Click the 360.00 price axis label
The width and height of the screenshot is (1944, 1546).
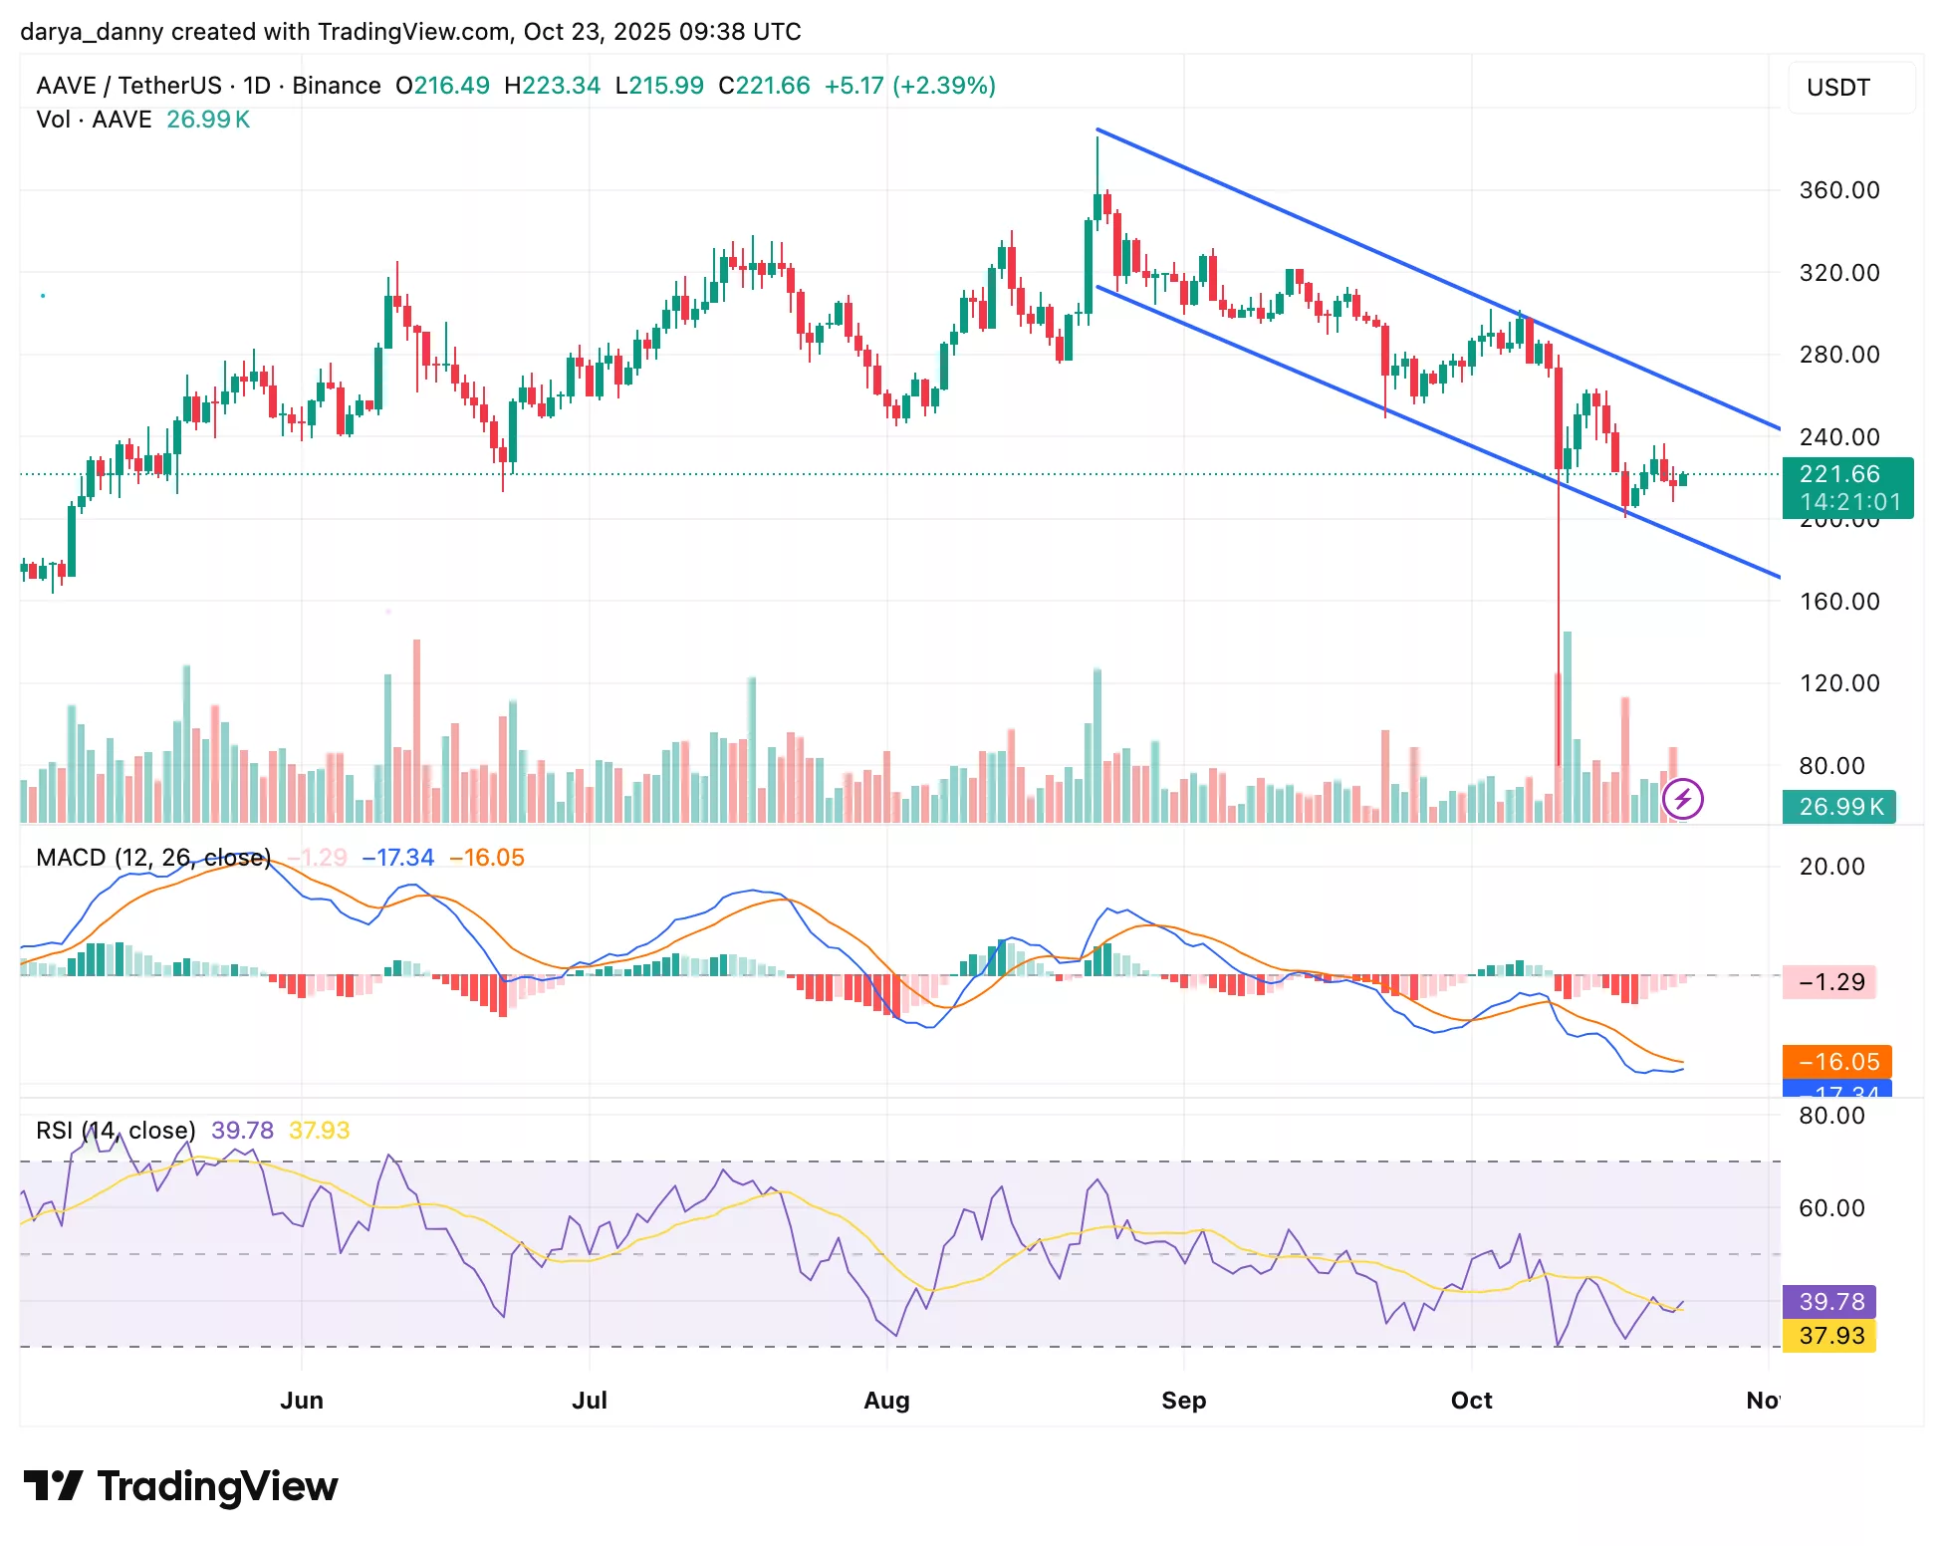tap(1838, 190)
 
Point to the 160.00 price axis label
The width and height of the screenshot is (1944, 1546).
tap(1838, 602)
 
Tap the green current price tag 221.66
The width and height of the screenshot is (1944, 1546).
tap(1846, 475)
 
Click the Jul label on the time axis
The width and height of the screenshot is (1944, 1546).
tap(589, 1400)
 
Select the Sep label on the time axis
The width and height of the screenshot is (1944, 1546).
tap(1183, 1400)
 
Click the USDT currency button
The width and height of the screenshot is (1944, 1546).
tap(1838, 88)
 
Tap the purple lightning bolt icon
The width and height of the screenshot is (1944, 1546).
tap(1682, 798)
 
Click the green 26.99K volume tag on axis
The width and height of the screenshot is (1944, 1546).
tap(1838, 807)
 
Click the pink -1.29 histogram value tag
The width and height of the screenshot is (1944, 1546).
tap(1830, 982)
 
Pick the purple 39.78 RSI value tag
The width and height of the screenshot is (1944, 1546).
tap(1829, 1301)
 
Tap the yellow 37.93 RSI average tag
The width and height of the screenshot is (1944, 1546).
tap(1829, 1336)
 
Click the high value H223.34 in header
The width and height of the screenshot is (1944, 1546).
tap(552, 86)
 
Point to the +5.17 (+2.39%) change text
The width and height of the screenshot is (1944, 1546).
tap(909, 86)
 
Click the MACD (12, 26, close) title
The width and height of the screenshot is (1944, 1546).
tap(153, 858)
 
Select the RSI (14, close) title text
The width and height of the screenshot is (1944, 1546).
tap(116, 1131)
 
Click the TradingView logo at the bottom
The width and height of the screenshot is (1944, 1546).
tap(180, 1486)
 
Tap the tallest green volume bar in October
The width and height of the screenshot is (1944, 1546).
tap(1567, 727)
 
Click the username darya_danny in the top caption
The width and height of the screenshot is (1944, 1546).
tap(92, 32)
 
